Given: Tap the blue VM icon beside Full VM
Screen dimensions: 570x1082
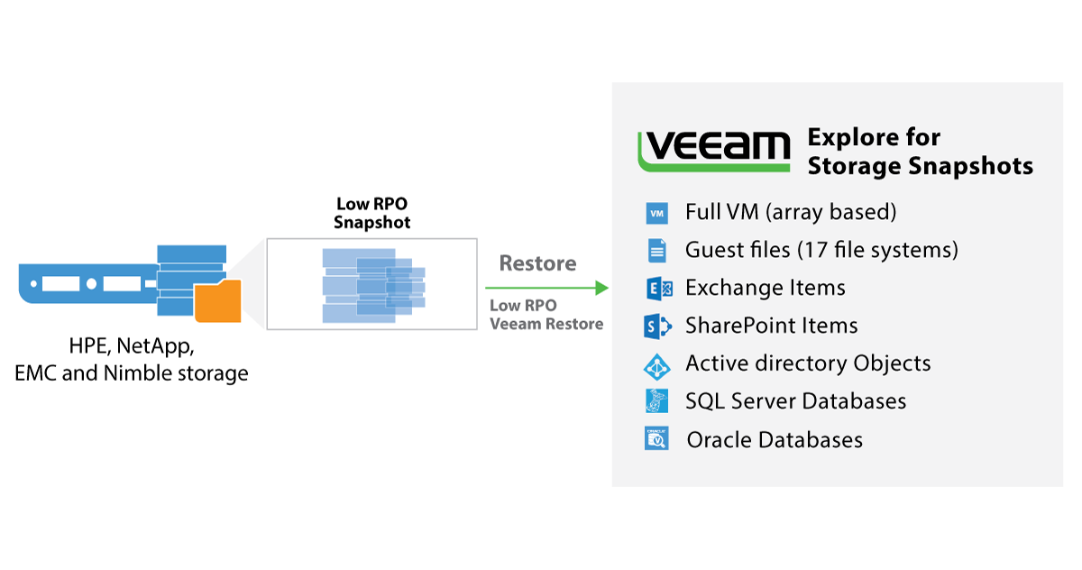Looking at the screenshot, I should tap(656, 213).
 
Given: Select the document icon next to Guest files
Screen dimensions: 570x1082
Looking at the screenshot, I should tap(656, 250).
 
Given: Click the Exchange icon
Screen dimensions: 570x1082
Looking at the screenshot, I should tap(658, 289).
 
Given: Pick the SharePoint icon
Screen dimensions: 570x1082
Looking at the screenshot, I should tap(656, 326).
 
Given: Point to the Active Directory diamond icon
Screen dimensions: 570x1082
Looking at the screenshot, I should tap(656, 365).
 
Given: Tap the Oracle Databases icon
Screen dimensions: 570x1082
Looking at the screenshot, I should tap(656, 439).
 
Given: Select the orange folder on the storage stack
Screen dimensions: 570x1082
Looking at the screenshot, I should tap(218, 302).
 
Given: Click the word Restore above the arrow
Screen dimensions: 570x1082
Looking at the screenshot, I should tap(537, 263).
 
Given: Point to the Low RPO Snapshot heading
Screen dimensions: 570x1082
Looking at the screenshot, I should tap(371, 213).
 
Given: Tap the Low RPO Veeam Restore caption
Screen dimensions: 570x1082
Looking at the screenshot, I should tap(546, 315).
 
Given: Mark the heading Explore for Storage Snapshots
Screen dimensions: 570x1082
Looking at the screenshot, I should tap(920, 152).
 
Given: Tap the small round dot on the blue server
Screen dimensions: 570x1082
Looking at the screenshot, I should tap(34, 283).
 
